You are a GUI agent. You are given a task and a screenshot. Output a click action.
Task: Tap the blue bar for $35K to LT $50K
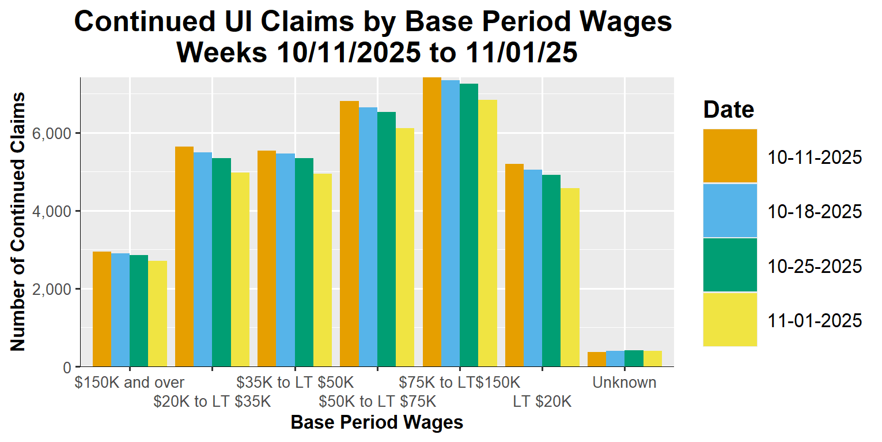point(285,260)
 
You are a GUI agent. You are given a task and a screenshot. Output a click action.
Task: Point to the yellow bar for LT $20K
point(570,277)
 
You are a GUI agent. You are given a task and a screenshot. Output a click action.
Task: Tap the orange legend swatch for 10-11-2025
point(730,156)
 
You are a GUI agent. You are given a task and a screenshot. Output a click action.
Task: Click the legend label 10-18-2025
point(815,212)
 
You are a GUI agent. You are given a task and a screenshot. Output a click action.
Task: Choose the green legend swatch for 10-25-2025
point(730,265)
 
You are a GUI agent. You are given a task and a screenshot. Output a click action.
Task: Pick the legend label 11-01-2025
point(815,321)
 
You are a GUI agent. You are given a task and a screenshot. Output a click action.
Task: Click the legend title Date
point(728,110)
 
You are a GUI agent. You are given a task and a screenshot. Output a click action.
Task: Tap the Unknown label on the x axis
point(624,383)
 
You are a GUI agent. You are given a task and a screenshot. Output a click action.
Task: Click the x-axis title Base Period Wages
point(377,423)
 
